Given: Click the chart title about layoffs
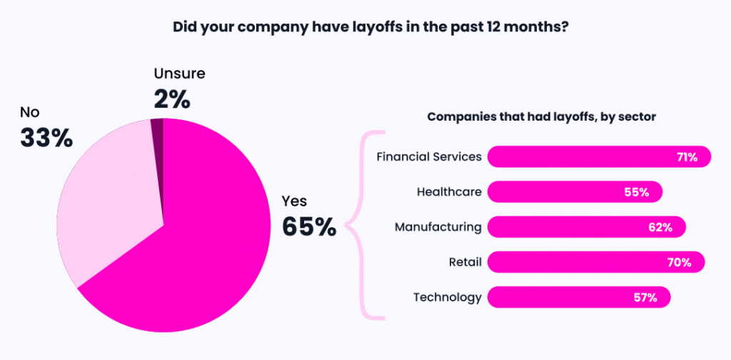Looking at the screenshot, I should click(x=365, y=28).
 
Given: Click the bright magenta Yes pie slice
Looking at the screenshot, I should click(x=200, y=250).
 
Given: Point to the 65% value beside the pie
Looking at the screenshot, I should click(x=308, y=226).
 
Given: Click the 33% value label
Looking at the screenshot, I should click(x=46, y=138).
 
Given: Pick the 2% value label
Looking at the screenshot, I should click(x=172, y=99).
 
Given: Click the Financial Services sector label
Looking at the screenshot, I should click(x=429, y=156).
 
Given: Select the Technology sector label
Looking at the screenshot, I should click(x=448, y=297).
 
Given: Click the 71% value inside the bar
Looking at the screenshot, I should click(x=687, y=156).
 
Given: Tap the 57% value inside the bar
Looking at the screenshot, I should click(x=645, y=297).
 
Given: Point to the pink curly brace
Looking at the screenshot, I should click(x=368, y=225).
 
